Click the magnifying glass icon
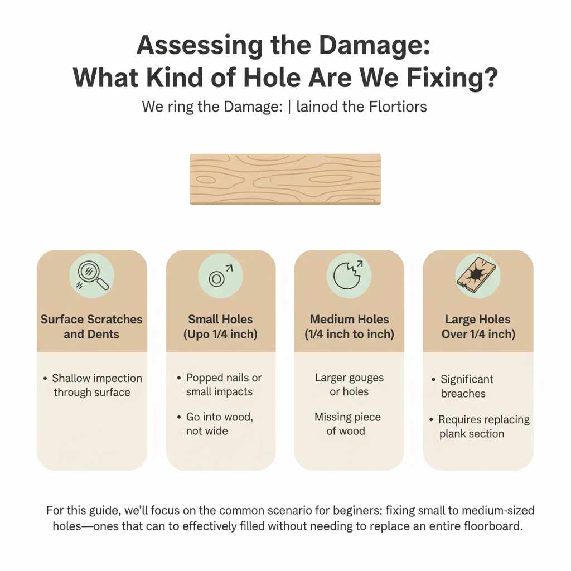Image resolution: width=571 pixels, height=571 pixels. (x=92, y=275)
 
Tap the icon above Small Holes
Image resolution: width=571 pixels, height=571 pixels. (x=220, y=275)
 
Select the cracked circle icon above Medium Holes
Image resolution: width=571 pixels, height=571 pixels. (x=349, y=275)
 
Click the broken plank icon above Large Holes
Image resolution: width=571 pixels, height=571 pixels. (x=477, y=275)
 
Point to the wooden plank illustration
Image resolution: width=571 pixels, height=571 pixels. (x=285, y=179)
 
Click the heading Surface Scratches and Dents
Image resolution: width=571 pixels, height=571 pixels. (x=91, y=327)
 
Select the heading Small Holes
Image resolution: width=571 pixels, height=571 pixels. (x=220, y=320)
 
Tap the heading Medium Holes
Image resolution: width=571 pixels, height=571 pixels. (x=349, y=320)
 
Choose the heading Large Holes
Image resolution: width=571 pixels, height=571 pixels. (x=478, y=320)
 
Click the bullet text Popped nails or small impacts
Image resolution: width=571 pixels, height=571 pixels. (x=223, y=385)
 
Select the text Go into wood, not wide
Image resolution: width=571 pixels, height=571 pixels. (x=219, y=424)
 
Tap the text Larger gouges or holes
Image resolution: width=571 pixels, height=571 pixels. (x=349, y=385)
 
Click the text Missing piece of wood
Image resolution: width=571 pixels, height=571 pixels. (x=347, y=424)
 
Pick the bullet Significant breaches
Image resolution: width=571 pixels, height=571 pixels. (x=466, y=386)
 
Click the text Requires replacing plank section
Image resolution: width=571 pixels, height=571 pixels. (x=483, y=427)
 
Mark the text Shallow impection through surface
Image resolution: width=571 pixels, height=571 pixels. (x=96, y=385)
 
